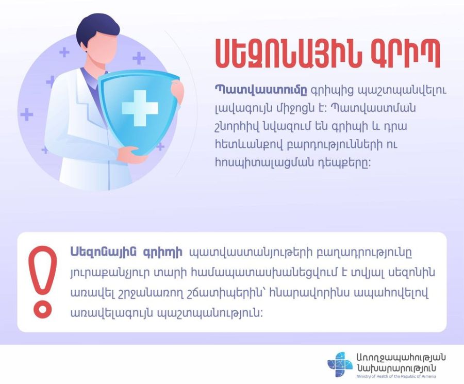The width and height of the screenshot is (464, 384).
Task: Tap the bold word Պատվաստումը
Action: click(261, 90)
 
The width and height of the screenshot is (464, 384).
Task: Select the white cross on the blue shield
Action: click(140, 108)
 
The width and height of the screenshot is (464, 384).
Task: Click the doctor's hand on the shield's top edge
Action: click(177, 91)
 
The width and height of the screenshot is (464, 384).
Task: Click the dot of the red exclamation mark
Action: click(43, 310)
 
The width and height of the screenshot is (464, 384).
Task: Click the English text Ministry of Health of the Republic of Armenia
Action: click(396, 376)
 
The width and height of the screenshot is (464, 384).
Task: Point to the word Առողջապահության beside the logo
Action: click(401, 358)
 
